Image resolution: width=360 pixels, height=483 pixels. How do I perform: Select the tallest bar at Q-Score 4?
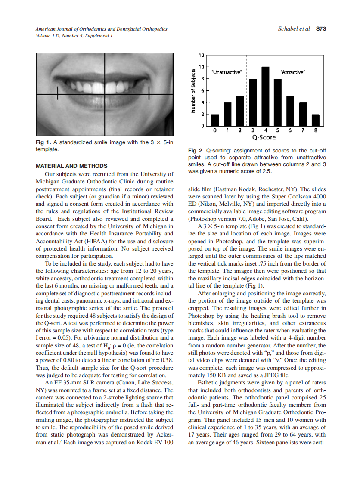(x=265, y=96)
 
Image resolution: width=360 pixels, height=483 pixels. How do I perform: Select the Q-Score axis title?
(x=264, y=138)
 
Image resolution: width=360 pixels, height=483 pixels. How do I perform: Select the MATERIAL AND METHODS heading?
(x=71, y=166)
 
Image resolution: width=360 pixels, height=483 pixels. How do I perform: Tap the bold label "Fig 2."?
(x=196, y=151)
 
